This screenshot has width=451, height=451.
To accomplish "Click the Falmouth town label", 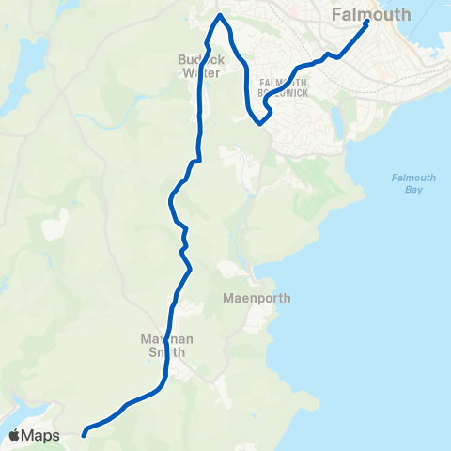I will coord(371,14).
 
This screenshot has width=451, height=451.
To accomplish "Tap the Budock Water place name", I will coord(198,65).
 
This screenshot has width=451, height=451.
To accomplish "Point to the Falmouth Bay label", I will coord(407,183).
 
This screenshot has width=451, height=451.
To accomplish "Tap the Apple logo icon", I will coord(15,435).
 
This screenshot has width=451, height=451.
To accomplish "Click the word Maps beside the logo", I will coord(41,435).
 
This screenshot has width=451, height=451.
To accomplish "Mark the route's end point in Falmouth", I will coord(365,23).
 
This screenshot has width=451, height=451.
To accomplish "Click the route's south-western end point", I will coord(85,434).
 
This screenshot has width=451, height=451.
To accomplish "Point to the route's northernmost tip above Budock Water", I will coord(220,16).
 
